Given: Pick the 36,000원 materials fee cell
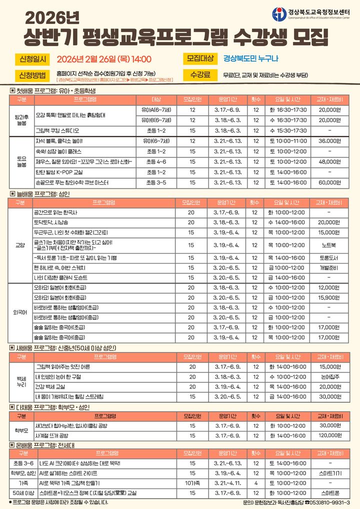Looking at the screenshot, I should [329, 141].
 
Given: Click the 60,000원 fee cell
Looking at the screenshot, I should [329, 183].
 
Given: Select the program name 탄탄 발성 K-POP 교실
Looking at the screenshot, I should [62, 172].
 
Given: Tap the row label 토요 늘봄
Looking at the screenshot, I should [21, 161].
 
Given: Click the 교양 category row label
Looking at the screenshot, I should [20, 245].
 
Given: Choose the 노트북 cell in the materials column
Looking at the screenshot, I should [328, 245].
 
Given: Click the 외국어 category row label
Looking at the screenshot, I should [20, 313].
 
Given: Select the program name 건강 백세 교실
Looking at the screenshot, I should [53, 386].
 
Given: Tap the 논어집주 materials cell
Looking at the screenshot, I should [328, 376].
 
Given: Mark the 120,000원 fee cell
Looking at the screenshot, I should [328, 435].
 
